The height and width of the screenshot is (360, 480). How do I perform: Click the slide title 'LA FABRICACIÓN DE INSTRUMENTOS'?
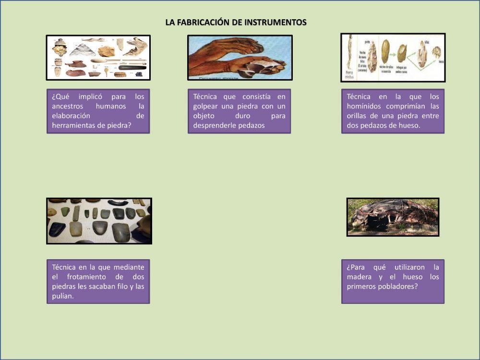coord(236,23)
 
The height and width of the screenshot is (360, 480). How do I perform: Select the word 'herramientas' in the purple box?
coord(72,125)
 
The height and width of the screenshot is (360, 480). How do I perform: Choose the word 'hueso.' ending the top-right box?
coord(409,125)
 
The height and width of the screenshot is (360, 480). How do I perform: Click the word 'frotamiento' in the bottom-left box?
coord(82,277)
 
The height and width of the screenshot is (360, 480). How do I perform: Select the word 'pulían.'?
coord(63,296)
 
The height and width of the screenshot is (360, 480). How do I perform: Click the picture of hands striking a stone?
coord(240,57)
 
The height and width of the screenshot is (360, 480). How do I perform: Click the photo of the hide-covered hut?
coord(393,217)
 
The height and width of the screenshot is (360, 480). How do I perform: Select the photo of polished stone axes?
coord(99,221)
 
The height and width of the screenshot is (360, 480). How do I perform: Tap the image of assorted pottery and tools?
coord(98,57)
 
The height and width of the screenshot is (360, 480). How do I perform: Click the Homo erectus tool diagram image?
coord(393,57)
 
